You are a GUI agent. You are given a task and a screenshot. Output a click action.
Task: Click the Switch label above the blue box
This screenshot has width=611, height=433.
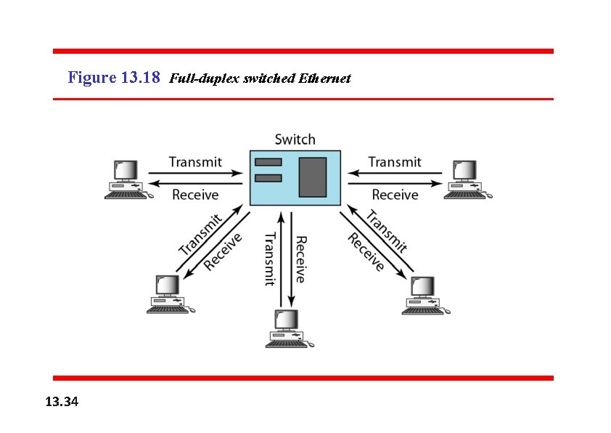[295, 139]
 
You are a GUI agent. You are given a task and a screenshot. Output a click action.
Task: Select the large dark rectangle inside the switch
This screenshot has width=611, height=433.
[313, 177]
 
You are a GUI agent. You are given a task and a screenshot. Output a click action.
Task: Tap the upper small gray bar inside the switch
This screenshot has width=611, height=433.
[268, 161]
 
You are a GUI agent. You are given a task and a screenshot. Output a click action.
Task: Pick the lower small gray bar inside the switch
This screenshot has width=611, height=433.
[268, 178]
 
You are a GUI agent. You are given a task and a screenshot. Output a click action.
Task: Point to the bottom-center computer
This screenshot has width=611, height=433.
[289, 329]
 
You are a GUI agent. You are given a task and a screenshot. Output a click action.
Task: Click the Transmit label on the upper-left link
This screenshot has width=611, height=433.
[195, 161]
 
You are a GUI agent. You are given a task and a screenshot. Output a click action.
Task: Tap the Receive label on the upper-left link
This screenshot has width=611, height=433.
[195, 194]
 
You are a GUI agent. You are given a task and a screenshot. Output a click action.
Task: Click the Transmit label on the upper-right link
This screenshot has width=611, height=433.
[394, 161]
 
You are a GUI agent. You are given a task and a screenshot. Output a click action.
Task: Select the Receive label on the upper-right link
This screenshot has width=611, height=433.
[395, 194]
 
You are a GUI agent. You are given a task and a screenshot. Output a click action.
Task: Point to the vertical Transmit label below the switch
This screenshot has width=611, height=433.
[269, 259]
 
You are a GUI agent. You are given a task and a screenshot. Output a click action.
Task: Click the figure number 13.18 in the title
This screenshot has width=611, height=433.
[137, 77]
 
